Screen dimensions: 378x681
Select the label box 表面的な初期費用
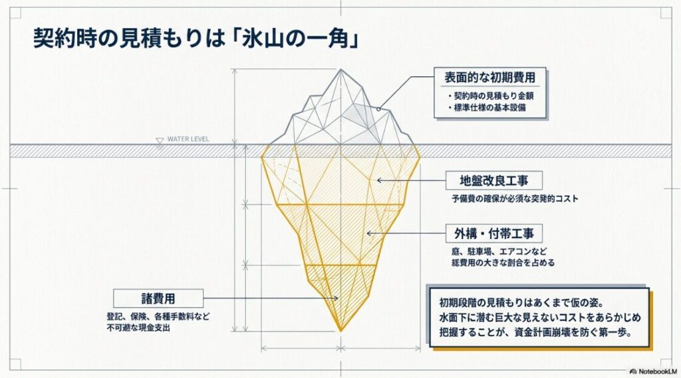coord(490,77)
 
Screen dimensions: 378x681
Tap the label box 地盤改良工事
coord(491,181)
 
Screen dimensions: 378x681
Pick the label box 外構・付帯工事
coord(493,233)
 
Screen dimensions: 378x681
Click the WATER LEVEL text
coord(188,140)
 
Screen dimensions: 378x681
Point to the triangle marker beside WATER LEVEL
coord(159,140)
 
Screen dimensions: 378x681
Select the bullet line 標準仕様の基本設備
coord(489,108)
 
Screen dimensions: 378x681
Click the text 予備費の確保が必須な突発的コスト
coord(515,199)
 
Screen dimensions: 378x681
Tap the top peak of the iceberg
coord(342,68)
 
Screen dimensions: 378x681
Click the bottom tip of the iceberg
coord(341,330)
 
